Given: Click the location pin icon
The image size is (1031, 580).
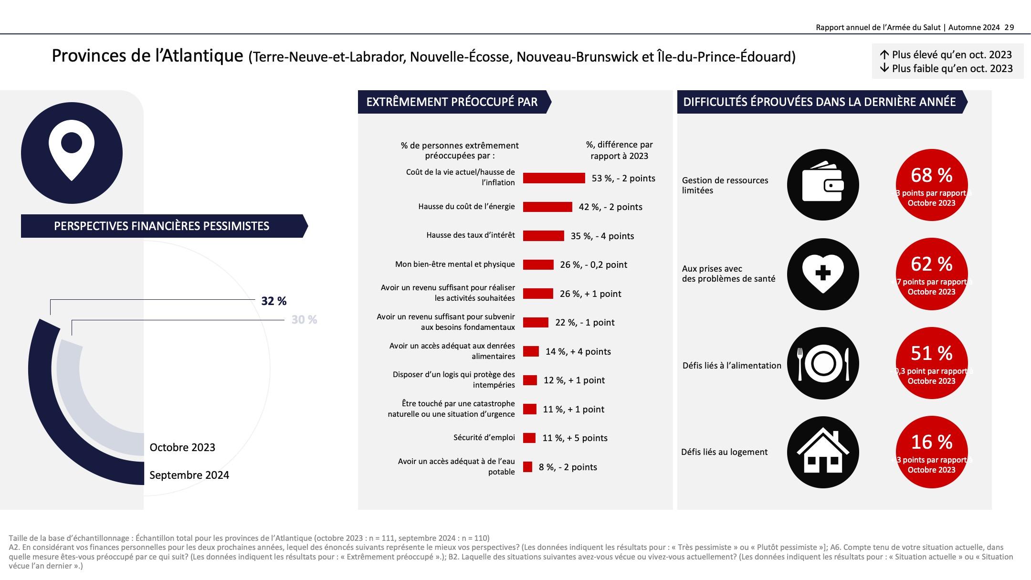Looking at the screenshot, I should click(72, 152).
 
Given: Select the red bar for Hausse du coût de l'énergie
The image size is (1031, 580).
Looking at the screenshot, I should click(547, 207).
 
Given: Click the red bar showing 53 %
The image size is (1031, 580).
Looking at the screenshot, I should click(554, 178).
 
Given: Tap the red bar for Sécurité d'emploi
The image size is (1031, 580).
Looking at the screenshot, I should click(529, 438).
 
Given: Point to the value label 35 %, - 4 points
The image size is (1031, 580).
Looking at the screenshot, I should click(602, 236).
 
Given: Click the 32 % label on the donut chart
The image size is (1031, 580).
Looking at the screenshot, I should click(274, 301).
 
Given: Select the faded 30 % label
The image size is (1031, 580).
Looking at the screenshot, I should click(304, 320).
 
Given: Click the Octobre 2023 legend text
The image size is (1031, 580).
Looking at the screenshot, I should click(182, 447).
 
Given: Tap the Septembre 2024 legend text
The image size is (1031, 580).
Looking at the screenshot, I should click(189, 475).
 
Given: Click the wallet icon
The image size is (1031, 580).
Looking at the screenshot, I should click(822, 185).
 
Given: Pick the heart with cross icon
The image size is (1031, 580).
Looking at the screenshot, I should click(822, 274).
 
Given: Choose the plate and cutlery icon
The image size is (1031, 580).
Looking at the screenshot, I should click(822, 363).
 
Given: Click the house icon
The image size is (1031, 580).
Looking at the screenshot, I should click(822, 452).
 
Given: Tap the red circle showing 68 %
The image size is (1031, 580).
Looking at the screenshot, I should click(932, 185).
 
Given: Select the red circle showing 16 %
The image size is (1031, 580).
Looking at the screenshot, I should click(932, 452).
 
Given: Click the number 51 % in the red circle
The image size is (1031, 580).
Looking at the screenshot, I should click(932, 354).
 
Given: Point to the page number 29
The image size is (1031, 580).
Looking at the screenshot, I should click(1009, 28).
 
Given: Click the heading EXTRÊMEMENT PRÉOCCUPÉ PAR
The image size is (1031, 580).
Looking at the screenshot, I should click(452, 102).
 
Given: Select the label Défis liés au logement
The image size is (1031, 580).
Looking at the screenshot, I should click(724, 452).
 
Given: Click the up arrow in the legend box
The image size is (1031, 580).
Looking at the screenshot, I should click(884, 54).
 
